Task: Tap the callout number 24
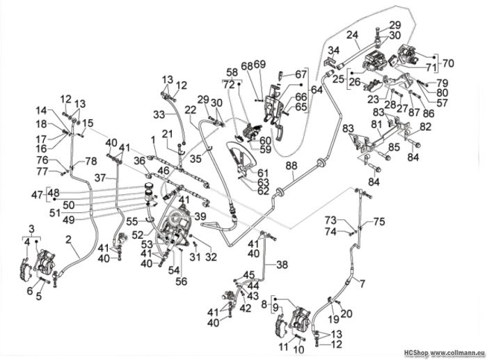pyautogui.click(x=353, y=35)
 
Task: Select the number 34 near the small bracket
pyautogui.click(x=334, y=50)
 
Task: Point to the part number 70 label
pyautogui.click(x=447, y=63)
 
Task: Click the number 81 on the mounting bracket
pyautogui.click(x=378, y=125)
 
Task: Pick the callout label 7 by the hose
pyautogui.click(x=362, y=283)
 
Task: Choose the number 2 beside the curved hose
pyautogui.click(x=69, y=240)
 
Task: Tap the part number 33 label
pyautogui.click(x=159, y=114)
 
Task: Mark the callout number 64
pyautogui.click(x=316, y=90)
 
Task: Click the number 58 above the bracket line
pyautogui.click(x=232, y=72)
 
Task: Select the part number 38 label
pyautogui.click(x=282, y=265)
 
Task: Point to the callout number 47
pyautogui.click(x=38, y=195)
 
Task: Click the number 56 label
pyautogui.click(x=182, y=281)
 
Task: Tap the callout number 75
pyautogui.click(x=379, y=221)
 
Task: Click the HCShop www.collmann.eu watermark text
pyautogui.click(x=445, y=353)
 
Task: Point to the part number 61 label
pyautogui.click(x=263, y=173)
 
